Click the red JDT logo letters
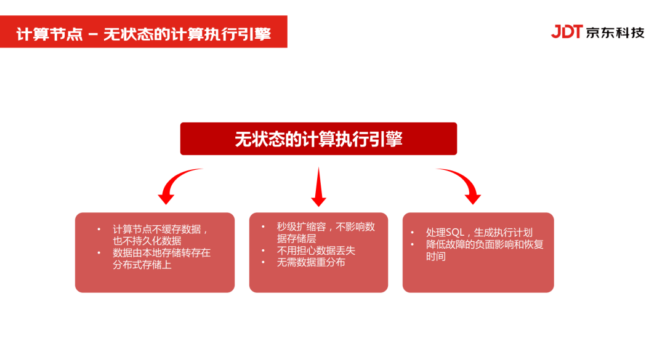tap(566, 32)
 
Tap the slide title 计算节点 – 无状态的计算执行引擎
tap(143, 33)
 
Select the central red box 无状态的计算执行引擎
tap(318, 138)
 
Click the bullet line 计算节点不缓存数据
tap(160, 229)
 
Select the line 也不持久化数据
tap(147, 241)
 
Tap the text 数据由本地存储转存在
tap(161, 253)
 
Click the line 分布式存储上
tap(142, 265)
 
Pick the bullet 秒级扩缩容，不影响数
tap(326, 226)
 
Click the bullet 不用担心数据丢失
tap(316, 250)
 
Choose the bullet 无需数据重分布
tap(311, 262)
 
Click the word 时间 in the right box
tap(435, 256)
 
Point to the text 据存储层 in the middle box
tap(296, 238)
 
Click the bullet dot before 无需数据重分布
tap(263, 262)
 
